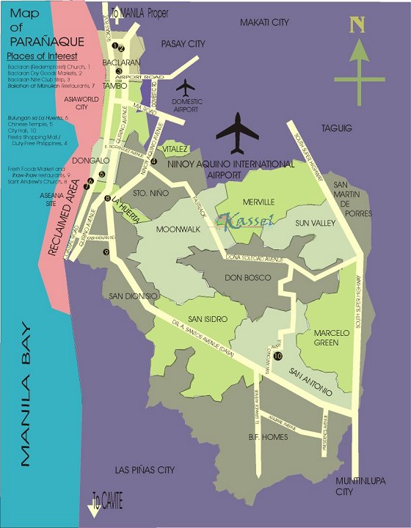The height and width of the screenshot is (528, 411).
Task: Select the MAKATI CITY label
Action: click(264, 23)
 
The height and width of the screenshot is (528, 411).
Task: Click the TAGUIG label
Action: click(337, 128)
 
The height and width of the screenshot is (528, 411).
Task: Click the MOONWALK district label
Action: click(178, 229)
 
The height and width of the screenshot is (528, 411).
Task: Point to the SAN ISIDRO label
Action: click(208, 319)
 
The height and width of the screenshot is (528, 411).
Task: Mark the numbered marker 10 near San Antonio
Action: click(279, 356)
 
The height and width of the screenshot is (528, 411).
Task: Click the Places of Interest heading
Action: click(42, 56)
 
